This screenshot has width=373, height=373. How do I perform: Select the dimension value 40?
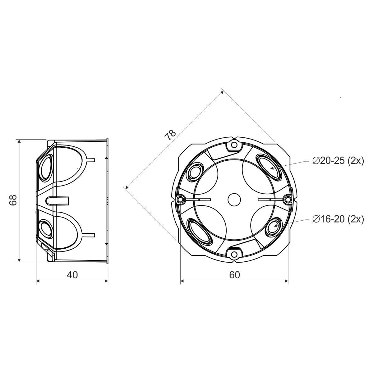point(72,275)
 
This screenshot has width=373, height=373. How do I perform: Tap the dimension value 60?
point(234,275)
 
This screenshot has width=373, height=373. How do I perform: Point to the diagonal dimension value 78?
point(170,135)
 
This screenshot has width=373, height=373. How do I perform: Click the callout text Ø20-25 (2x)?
point(338,161)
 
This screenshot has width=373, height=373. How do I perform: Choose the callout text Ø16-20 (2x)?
point(338,219)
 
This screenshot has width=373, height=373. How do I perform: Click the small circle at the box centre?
point(234,200)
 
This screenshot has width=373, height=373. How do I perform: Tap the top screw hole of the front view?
point(234,145)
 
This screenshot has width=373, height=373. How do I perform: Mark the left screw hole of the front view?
point(180,199)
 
